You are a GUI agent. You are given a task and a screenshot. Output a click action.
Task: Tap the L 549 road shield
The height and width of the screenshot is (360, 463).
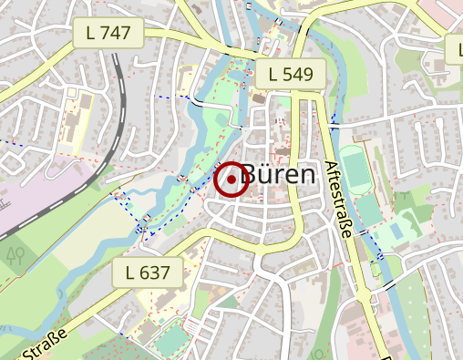click(x=290, y=74)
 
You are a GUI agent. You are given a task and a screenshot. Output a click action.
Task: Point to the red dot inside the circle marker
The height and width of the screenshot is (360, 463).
click(x=231, y=180)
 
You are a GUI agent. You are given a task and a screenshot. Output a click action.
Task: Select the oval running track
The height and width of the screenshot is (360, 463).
click(x=357, y=172)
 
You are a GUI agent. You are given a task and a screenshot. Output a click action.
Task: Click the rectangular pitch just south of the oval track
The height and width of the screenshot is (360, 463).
click(x=368, y=210)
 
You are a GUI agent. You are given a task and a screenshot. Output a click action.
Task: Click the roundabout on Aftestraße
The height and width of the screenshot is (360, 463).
click(x=375, y=271)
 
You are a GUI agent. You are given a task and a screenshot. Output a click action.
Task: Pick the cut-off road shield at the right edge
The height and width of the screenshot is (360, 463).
click(x=456, y=47)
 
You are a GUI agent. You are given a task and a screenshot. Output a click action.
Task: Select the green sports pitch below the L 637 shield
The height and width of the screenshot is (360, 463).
click(x=170, y=340)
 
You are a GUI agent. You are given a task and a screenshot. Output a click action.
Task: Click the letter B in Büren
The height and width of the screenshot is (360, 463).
click(x=253, y=176)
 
